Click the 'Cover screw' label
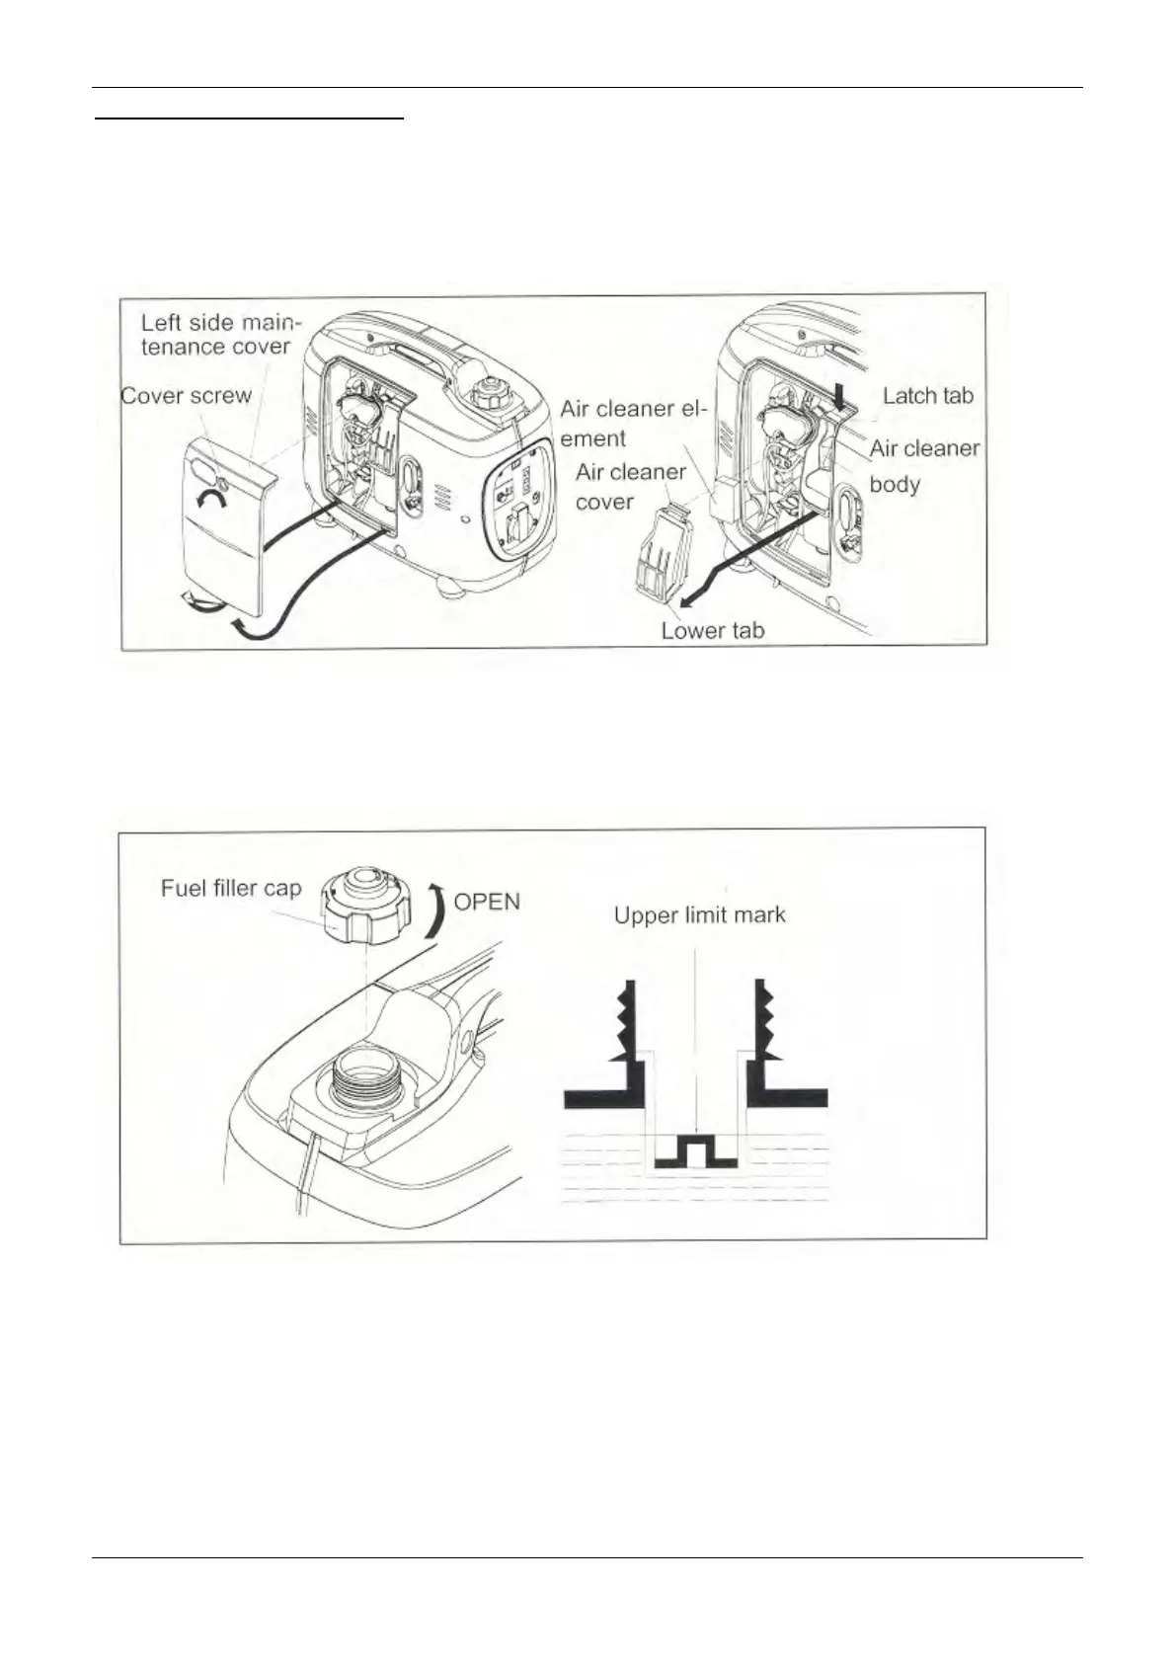(x=186, y=396)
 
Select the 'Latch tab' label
(x=927, y=396)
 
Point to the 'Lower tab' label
(x=712, y=631)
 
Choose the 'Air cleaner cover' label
(x=630, y=486)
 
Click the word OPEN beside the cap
(x=486, y=901)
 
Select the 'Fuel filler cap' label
(x=230, y=888)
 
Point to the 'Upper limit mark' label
(x=699, y=914)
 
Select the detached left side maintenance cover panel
(x=224, y=533)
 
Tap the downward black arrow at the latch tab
(x=839, y=397)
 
